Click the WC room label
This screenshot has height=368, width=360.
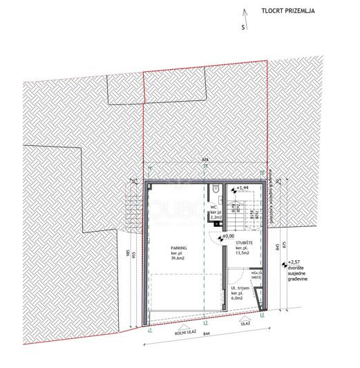(x=214, y=206)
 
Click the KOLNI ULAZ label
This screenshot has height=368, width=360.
(x=184, y=331)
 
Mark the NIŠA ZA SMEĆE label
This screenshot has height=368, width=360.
(x=256, y=275)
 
